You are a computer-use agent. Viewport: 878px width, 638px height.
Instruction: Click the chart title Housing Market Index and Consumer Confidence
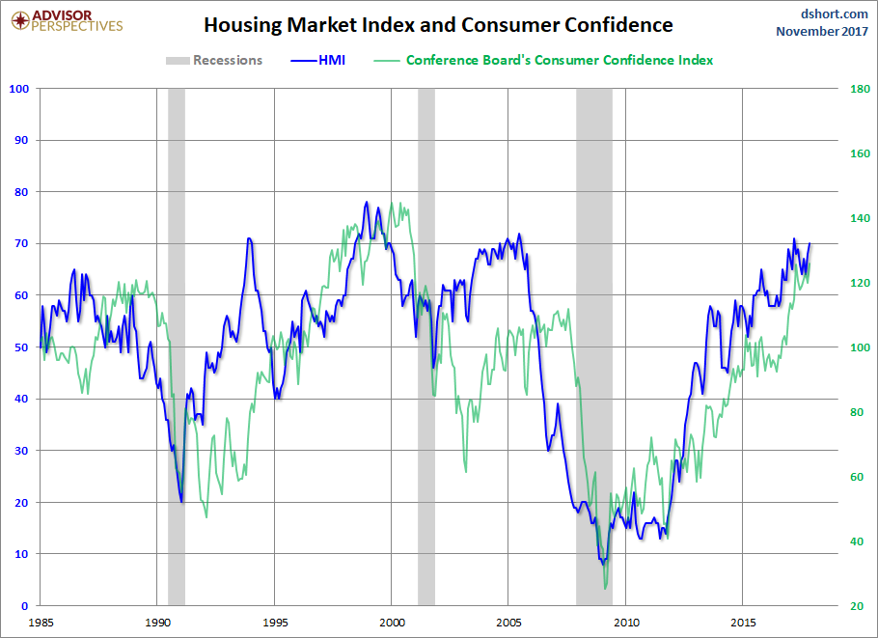tap(439, 25)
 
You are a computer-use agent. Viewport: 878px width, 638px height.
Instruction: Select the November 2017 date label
tap(822, 31)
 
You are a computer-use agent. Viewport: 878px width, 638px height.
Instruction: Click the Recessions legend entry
tap(214, 60)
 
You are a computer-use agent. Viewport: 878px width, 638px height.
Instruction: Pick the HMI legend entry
tap(317, 60)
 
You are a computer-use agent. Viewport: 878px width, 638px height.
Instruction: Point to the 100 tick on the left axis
tap(19, 89)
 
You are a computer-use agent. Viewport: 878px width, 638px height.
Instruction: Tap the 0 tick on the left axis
tap(26, 605)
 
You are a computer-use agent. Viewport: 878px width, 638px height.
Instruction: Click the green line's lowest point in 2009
tap(605, 588)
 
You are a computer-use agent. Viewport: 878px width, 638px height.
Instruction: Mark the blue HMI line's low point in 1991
tap(181, 502)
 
